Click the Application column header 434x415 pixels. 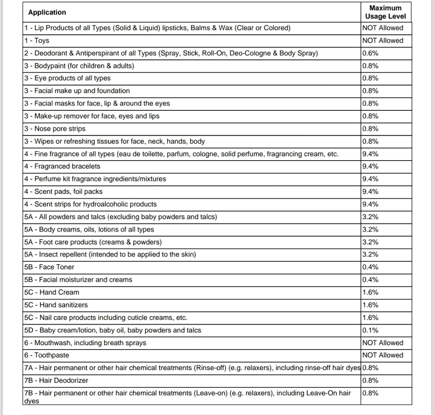tap(47, 12)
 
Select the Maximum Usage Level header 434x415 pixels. tap(385, 12)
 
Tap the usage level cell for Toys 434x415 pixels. tap(382, 41)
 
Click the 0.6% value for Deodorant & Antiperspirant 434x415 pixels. tap(370, 53)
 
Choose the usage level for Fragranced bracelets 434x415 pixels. tap(370, 166)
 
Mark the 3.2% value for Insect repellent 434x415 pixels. tap(370, 254)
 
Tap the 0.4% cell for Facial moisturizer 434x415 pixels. tap(370, 280)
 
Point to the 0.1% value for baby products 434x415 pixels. tap(370, 330)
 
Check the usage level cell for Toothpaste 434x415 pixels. tap(382, 355)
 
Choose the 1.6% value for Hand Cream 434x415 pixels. tap(370, 292)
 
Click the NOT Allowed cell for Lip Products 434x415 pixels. tap(382, 28)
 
